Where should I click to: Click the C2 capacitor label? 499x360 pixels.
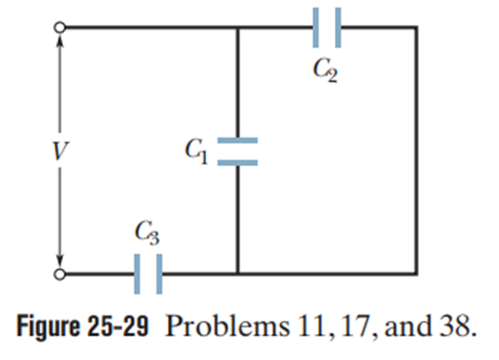pyautogui.click(x=324, y=70)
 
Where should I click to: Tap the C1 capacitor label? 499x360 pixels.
pyautogui.click(x=197, y=151)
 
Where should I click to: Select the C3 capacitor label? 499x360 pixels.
pyautogui.click(x=147, y=233)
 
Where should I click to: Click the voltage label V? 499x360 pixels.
pyautogui.click(x=60, y=151)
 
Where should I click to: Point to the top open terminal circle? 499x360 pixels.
pyautogui.click(x=59, y=27)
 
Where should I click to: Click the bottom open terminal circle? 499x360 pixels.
pyautogui.click(x=59, y=274)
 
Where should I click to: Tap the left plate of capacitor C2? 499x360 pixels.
pyautogui.click(x=316, y=28)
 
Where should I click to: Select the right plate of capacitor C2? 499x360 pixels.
pyautogui.click(x=338, y=28)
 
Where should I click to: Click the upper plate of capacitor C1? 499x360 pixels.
pyautogui.click(x=238, y=140)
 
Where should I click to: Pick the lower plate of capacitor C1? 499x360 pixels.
pyautogui.click(x=238, y=162)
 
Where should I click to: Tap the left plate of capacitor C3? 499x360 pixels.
pyautogui.click(x=136, y=274)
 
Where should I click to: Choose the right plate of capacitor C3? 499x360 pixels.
pyautogui.click(x=159, y=274)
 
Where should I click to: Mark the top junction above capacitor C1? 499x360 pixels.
pyautogui.click(x=238, y=28)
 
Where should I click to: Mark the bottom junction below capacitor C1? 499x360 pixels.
pyautogui.click(x=238, y=274)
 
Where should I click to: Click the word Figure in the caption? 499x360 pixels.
pyautogui.click(x=48, y=327)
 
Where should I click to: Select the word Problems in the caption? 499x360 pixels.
pyautogui.click(x=227, y=327)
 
